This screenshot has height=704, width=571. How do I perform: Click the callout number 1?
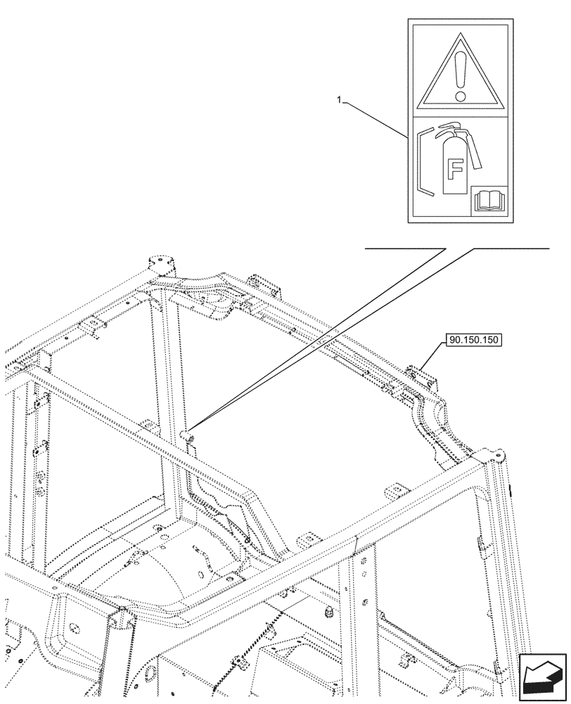coord(340,101)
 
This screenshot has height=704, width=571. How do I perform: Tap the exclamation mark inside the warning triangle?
coord(460,70)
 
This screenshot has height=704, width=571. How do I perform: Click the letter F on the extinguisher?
coord(455,169)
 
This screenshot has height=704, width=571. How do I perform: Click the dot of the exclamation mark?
coord(460,94)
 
